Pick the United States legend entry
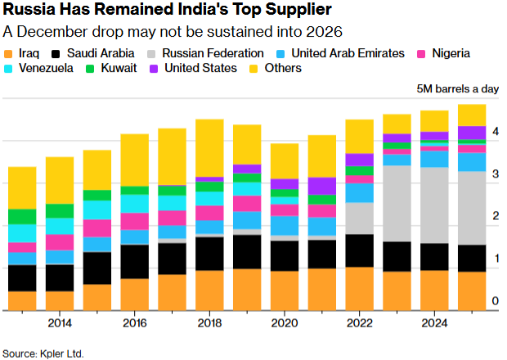(200, 68)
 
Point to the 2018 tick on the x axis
(209, 323)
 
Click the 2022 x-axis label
(359, 323)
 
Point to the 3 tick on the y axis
(496, 174)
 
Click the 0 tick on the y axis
(496, 302)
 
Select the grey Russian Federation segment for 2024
(433, 205)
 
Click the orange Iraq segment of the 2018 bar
(209, 290)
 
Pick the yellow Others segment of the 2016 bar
(135, 160)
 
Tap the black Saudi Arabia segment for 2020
(284, 255)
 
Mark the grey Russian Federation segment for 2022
(359, 218)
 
